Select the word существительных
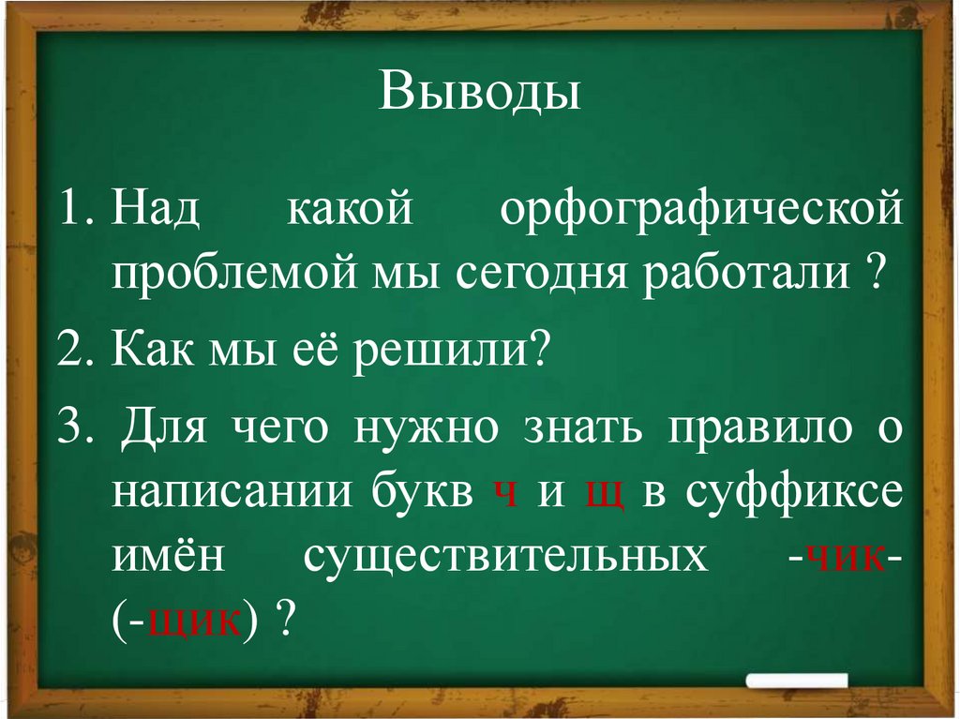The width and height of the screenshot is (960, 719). click(506, 557)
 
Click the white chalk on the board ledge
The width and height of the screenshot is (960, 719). click(798, 682)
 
